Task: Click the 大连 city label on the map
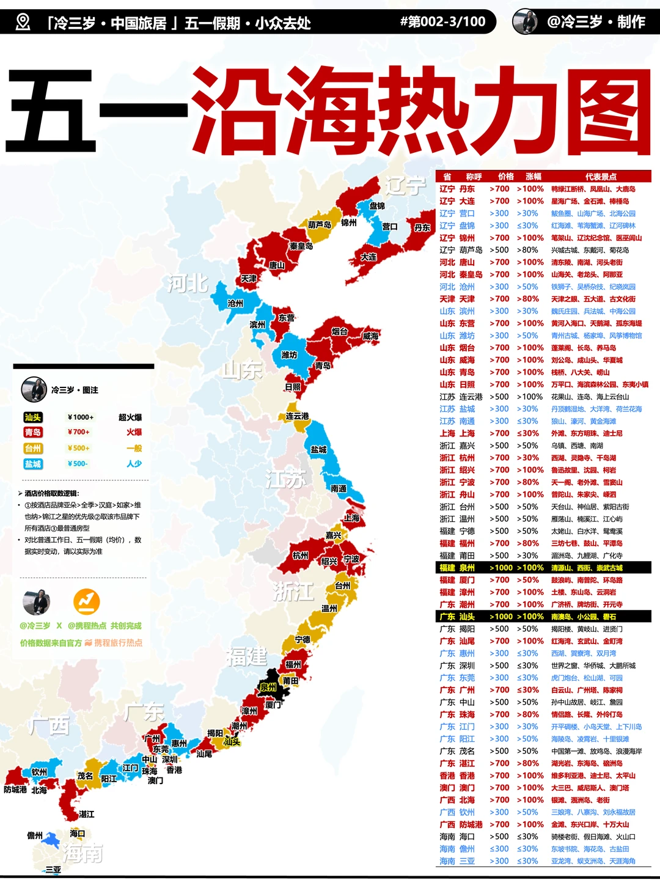(369, 257)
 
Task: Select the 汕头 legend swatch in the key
(33, 417)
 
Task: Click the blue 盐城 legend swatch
(33, 464)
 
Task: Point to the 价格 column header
(506, 177)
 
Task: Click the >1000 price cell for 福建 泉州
(501, 568)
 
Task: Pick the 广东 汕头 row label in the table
(457, 617)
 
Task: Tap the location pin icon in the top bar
(23, 23)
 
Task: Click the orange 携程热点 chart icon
(87, 602)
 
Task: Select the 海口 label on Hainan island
(78, 834)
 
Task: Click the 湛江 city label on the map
(87, 814)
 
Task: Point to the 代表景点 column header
(601, 177)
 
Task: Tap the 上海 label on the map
(351, 518)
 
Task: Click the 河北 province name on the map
(188, 284)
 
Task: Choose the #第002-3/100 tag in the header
(443, 22)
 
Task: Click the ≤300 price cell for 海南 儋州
(499, 849)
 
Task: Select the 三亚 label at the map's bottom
(53, 870)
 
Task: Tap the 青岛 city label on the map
(323, 365)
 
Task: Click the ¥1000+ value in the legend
(81, 417)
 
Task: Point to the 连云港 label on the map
(298, 416)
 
